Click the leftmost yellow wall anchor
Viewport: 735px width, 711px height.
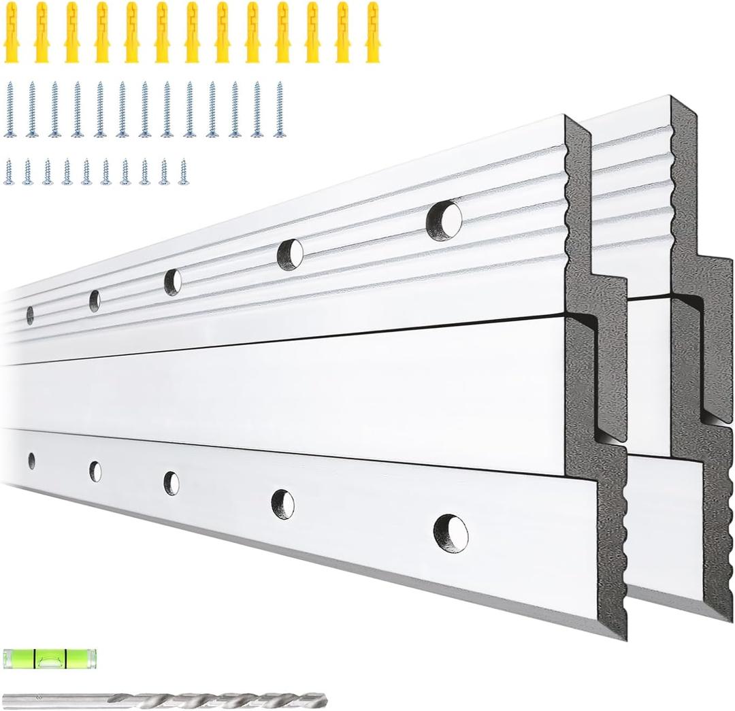point(11,32)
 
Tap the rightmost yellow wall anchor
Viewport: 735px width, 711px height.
point(372,32)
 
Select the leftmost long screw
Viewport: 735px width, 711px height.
point(10,109)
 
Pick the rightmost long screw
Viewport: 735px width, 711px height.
point(279,109)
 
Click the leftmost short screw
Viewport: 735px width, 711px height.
point(9,171)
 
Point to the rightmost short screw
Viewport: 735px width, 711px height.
point(182,171)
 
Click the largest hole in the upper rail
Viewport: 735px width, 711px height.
point(444,220)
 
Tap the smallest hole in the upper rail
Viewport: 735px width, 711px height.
point(30,315)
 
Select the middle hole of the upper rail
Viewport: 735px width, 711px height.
point(173,282)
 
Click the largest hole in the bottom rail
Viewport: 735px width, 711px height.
point(451,533)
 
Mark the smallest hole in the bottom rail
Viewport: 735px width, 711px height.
point(31,461)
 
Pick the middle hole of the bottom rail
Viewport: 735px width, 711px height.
point(171,482)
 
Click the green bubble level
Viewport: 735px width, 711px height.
point(49,658)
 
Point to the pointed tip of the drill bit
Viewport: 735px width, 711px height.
point(323,699)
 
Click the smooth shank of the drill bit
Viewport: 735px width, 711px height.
point(54,699)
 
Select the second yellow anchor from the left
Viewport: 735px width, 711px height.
point(42,32)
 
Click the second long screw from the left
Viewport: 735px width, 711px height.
point(32,109)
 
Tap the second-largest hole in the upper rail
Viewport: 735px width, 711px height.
point(291,254)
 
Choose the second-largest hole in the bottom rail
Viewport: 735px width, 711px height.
point(283,504)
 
